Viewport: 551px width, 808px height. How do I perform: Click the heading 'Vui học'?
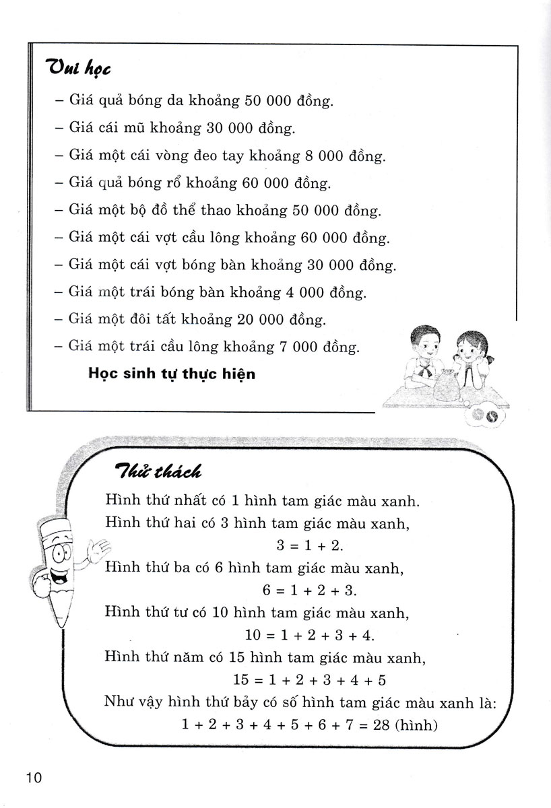pyautogui.click(x=78, y=68)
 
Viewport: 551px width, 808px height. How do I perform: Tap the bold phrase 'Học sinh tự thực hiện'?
pyautogui.click(x=172, y=373)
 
